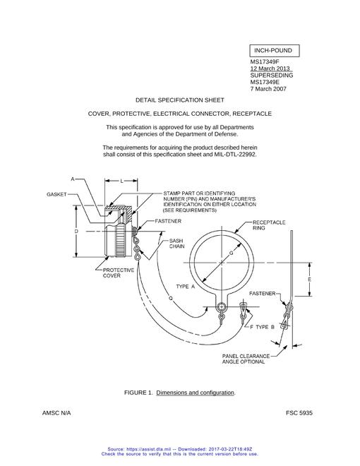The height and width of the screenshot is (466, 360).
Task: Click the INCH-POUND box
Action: [274, 51]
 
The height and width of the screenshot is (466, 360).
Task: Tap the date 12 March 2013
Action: [270, 68]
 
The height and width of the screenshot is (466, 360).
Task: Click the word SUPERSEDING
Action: [272, 75]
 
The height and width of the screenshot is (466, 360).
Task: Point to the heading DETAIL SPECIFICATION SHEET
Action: [180, 100]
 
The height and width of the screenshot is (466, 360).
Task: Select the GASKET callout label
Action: [56, 194]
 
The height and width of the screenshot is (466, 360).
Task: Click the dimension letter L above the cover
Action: [122, 181]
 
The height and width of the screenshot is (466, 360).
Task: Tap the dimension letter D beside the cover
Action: [76, 231]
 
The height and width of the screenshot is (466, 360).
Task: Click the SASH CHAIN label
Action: [177, 244]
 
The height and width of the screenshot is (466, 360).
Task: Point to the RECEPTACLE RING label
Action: [269, 225]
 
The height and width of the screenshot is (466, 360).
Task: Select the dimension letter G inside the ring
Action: [231, 253]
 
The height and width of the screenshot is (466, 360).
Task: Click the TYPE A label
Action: [186, 287]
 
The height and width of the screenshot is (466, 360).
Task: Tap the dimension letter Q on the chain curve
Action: [171, 298]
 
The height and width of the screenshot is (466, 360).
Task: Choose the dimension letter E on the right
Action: [309, 280]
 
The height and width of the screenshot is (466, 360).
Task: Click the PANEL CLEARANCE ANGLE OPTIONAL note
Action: [246, 359]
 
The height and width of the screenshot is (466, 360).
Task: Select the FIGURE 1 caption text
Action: [180, 393]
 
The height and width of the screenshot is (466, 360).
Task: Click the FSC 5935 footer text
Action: [299, 413]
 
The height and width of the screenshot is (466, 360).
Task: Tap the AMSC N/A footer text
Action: [56, 413]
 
